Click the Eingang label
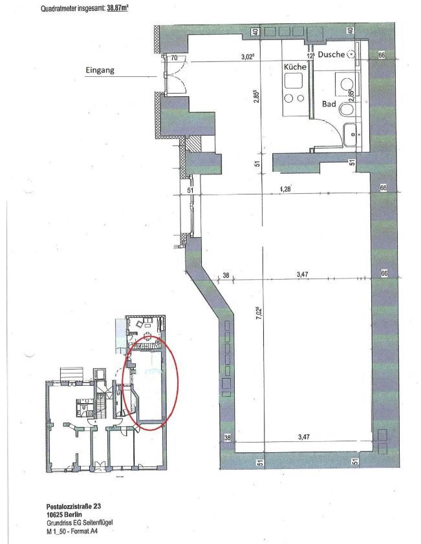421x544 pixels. pyautogui.click(x=100, y=70)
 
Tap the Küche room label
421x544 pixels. pyautogui.click(x=296, y=67)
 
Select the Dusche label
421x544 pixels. pyautogui.click(x=331, y=54)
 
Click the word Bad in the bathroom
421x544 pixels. pyautogui.click(x=329, y=104)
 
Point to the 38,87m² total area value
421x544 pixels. pyautogui.click(x=118, y=8)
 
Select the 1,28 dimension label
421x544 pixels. pyautogui.click(x=285, y=189)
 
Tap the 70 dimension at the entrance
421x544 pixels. pyautogui.click(x=175, y=58)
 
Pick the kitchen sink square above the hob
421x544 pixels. pyautogui.click(x=294, y=81)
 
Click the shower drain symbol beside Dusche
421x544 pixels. pyautogui.click(x=352, y=54)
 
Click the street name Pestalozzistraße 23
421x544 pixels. pyautogui.click(x=74, y=507)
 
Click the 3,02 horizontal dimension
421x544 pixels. pyautogui.click(x=247, y=58)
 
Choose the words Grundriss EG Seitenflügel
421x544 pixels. pyautogui.click(x=80, y=523)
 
